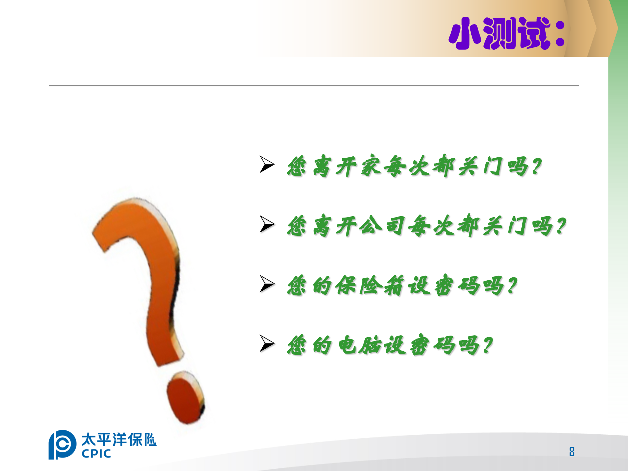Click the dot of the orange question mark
185,398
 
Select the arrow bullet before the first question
267,164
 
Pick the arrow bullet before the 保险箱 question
267,284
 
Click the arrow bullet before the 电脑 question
267,343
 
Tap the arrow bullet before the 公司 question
267,224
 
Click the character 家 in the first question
371,166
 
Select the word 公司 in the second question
383,226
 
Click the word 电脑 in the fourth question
359,345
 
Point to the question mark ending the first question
536,166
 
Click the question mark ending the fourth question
487,345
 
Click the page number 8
572,452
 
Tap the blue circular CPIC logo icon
62,444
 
